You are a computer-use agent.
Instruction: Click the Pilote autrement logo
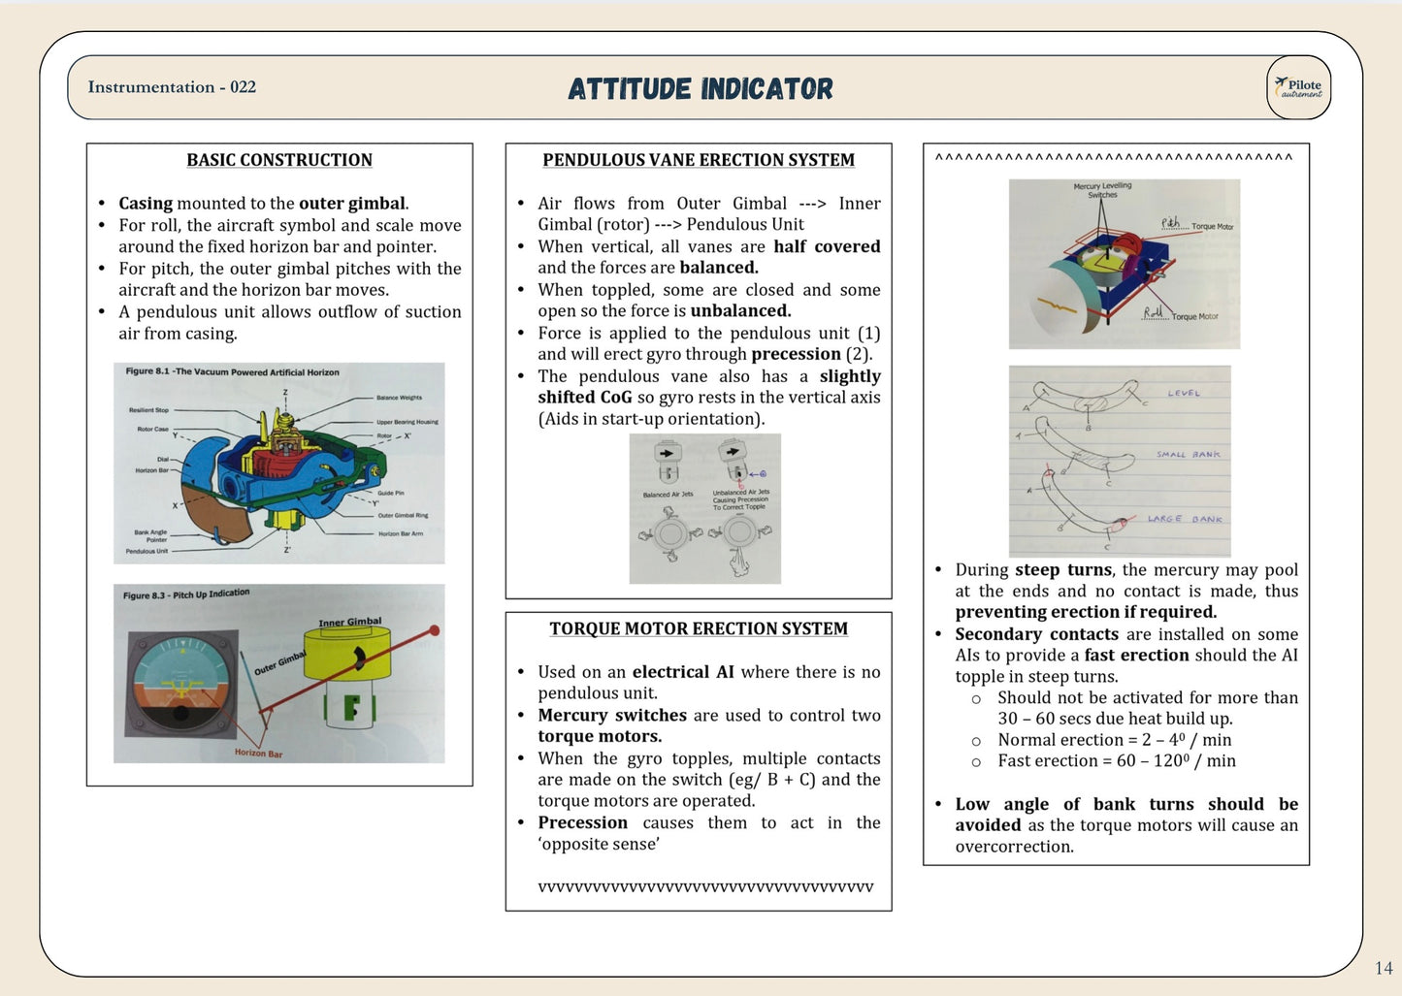pos(1298,87)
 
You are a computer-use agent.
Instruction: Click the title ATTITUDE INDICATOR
pos(700,89)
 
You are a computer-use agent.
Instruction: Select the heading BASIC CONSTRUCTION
pos(279,160)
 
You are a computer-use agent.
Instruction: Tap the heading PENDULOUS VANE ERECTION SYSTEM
pos(699,160)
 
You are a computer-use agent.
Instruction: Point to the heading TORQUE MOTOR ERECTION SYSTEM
pos(699,628)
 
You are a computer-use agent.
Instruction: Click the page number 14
pos(1384,968)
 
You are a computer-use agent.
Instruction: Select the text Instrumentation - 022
pos(172,87)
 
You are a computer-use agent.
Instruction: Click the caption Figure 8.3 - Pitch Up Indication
pos(186,594)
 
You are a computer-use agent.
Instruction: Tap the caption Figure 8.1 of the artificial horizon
pos(233,371)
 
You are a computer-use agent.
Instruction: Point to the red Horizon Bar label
pos(258,753)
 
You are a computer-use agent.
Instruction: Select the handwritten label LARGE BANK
pos(1185,519)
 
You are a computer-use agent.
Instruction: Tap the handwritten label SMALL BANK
pos(1188,454)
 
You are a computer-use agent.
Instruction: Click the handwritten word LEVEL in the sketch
pos(1184,394)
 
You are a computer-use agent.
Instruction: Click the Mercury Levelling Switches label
pos(1102,190)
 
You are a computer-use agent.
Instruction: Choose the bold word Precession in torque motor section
pos(583,822)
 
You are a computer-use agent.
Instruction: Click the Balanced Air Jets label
pos(668,495)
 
